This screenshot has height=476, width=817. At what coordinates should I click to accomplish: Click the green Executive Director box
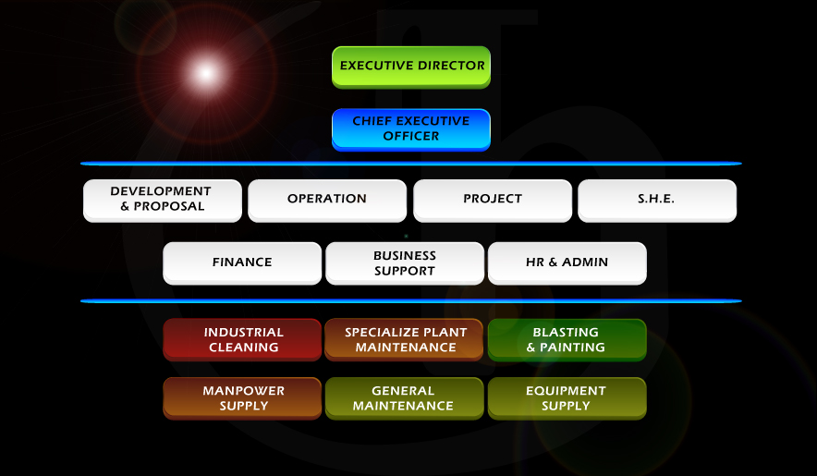click(x=411, y=67)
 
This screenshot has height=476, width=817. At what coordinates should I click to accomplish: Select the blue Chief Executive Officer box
click(x=411, y=129)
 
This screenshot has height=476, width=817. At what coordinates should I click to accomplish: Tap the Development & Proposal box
click(x=163, y=201)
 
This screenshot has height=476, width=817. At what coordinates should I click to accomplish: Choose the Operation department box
click(x=327, y=201)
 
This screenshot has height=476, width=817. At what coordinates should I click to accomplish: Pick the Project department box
click(x=493, y=201)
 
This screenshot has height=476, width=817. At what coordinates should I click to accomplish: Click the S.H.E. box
click(x=657, y=201)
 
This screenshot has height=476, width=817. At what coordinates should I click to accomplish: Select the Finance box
click(x=242, y=263)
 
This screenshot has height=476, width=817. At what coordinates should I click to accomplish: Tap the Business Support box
click(x=405, y=263)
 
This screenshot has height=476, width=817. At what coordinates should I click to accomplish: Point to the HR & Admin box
click(x=567, y=263)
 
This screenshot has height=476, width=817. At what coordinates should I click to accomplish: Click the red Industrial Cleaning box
click(x=242, y=340)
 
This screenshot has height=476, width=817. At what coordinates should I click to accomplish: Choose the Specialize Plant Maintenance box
click(x=404, y=340)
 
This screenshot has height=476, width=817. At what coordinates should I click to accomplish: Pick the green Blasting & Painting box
click(x=567, y=340)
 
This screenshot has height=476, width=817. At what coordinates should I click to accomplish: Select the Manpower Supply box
click(x=242, y=398)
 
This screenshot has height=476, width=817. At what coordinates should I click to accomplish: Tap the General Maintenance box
click(x=404, y=398)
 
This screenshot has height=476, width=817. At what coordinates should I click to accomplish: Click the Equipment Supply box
click(x=567, y=398)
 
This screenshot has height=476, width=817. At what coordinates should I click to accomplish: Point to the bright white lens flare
click(x=206, y=73)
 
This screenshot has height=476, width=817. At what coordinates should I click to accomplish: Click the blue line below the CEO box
click(x=411, y=164)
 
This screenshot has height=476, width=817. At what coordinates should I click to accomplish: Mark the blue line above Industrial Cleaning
click(x=411, y=300)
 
